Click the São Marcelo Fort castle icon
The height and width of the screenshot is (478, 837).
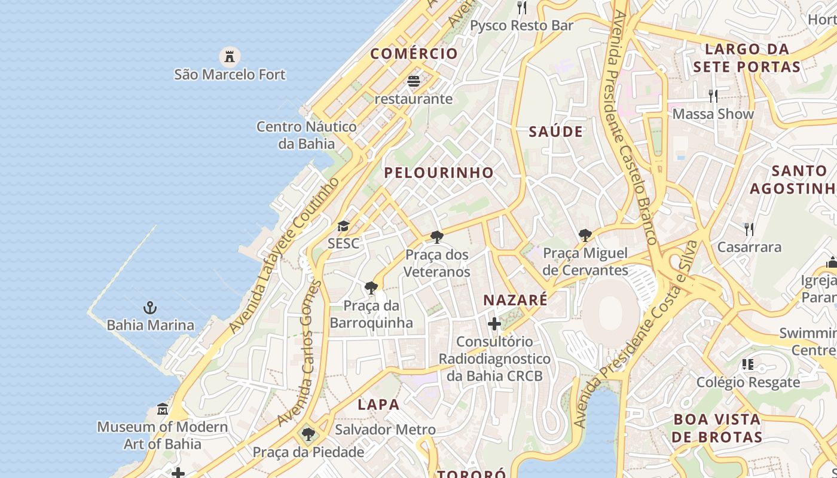[x=229, y=57]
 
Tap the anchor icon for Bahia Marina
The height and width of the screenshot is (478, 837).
[x=150, y=308]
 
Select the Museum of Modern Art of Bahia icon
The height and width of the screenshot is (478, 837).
[x=162, y=409]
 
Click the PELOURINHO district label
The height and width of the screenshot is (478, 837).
[x=439, y=173]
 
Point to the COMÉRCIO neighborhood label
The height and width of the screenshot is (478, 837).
[x=414, y=54]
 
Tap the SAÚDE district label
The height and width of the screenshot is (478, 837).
[x=555, y=132]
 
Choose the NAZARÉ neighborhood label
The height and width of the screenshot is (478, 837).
[x=515, y=300]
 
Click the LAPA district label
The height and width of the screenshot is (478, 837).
[x=378, y=405]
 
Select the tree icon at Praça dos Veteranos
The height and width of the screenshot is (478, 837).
[x=437, y=237]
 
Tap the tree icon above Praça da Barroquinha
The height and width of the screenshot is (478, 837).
[x=371, y=288]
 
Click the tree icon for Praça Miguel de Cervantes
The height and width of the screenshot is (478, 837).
[x=585, y=235]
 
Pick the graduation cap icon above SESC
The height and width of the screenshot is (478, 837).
[x=343, y=226]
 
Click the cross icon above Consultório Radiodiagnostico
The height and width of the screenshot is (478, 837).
[x=494, y=324]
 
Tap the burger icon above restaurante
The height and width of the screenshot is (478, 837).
[x=414, y=81]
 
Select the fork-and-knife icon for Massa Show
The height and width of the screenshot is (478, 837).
[x=713, y=96]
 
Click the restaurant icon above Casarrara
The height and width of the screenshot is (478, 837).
[x=749, y=229]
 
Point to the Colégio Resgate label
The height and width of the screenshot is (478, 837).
[x=748, y=382]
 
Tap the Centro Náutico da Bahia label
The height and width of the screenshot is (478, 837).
[x=306, y=135]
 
